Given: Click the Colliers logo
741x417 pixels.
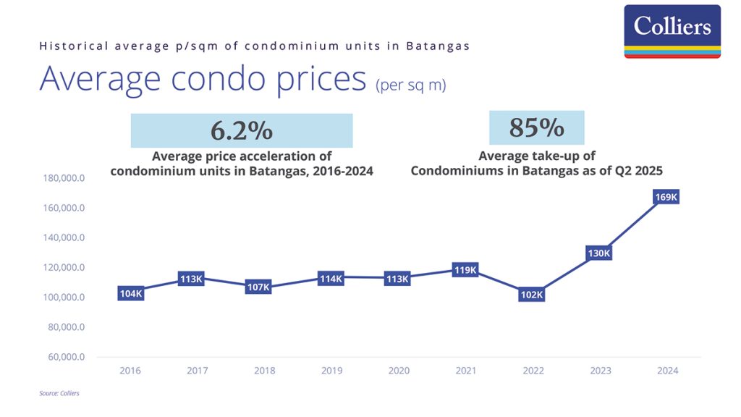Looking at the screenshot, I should [x=672, y=30].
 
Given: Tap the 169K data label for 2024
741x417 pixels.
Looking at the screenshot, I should [x=667, y=198].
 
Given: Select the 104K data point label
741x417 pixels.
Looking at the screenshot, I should [x=131, y=293].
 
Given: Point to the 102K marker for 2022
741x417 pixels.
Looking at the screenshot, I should [x=532, y=295].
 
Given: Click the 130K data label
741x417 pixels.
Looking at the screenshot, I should [x=600, y=253].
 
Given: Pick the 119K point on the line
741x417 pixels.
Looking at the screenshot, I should [x=465, y=270].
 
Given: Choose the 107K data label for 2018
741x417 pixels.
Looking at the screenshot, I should [x=258, y=287].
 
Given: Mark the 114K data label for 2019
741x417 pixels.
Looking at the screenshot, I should [x=331, y=278].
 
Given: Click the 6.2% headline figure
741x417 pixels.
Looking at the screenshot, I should [x=242, y=130].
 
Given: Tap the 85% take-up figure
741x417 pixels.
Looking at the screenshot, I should [x=536, y=127].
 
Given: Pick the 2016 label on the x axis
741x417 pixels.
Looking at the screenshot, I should [x=130, y=371].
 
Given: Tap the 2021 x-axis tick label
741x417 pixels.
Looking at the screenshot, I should [x=466, y=371].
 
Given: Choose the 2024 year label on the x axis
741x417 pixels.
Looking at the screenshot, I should [x=667, y=371].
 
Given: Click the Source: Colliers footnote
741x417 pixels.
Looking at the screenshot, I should [x=59, y=394].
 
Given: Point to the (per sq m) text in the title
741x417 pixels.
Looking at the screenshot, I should [x=410, y=85].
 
